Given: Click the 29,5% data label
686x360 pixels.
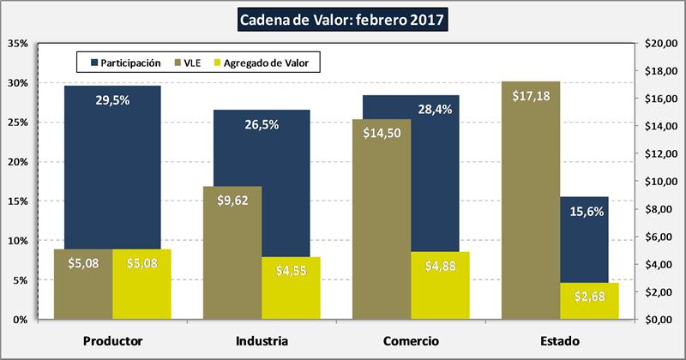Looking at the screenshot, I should [112, 99].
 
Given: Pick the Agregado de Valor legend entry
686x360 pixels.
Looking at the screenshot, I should [266, 62].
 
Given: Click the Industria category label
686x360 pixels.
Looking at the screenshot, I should [261, 341].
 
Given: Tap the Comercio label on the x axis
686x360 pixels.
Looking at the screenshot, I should [411, 341].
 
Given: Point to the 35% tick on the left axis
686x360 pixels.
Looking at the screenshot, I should [19, 43].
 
